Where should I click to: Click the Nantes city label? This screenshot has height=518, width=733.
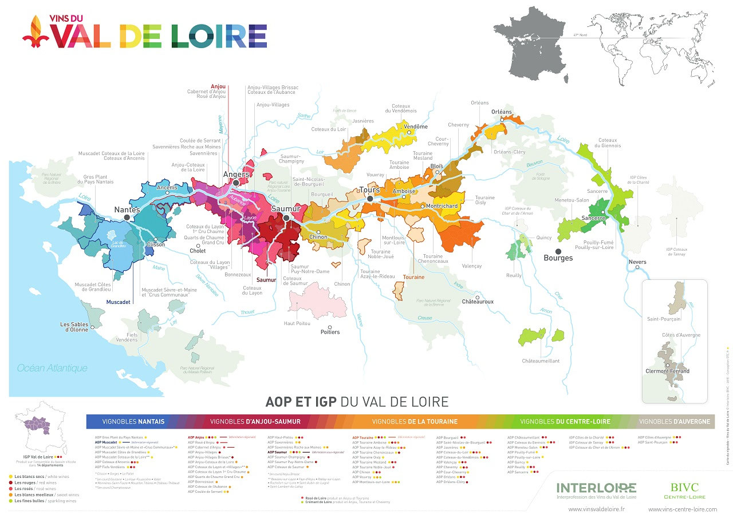[127, 210]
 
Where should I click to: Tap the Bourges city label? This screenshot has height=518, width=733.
[558, 258]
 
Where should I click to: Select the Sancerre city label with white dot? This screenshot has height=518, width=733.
[593, 218]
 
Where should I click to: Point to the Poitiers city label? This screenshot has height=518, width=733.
[330, 332]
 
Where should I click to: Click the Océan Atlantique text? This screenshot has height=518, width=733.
[52, 368]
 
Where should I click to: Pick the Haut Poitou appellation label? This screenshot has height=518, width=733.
[297, 323]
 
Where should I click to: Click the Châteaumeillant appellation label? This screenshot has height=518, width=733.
[541, 361]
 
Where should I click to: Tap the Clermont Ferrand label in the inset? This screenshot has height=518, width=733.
[667, 371]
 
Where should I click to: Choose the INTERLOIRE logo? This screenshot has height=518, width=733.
[596, 488]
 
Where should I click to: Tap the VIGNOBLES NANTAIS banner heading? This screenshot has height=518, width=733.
[133, 422]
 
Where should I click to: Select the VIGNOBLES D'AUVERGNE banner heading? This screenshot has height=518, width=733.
[674, 422]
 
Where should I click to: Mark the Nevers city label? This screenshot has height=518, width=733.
[637, 262]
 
